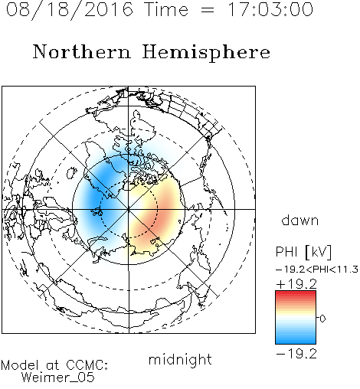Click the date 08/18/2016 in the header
(70, 10)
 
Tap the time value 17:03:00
(270, 9)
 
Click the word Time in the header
(166, 9)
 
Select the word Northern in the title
(82, 51)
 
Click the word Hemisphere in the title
(206, 53)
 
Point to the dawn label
(300, 220)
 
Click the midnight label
(180, 359)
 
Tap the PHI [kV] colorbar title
(303, 252)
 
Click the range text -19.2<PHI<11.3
(317, 270)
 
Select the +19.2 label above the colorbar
(296, 284)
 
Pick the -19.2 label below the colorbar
(296, 354)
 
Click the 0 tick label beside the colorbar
(322, 319)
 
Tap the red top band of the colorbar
(296, 294)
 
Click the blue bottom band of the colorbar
(296, 340)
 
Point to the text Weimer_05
(58, 378)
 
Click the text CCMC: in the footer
(87, 365)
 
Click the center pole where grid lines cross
(129, 209)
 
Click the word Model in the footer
(20, 365)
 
